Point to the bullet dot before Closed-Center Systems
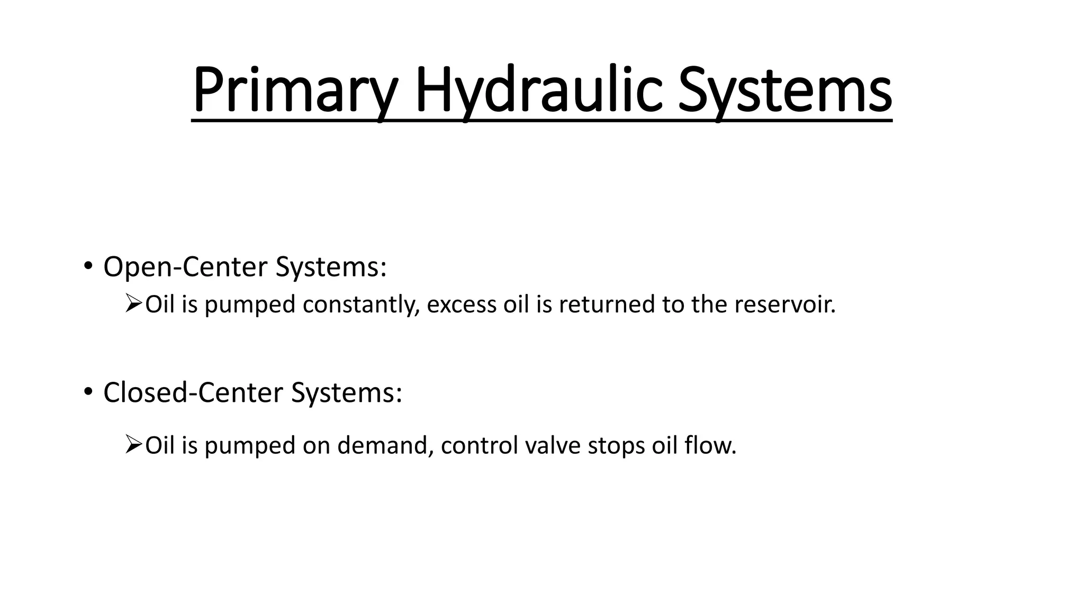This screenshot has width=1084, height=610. click(x=87, y=392)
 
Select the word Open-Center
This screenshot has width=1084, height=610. click(x=186, y=266)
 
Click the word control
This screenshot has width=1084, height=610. click(x=479, y=445)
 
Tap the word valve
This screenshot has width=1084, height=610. click(x=553, y=445)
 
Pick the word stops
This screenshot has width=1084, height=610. click(x=616, y=445)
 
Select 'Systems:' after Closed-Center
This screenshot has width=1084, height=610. click(x=346, y=392)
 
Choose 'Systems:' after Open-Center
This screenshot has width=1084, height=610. click(x=331, y=266)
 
